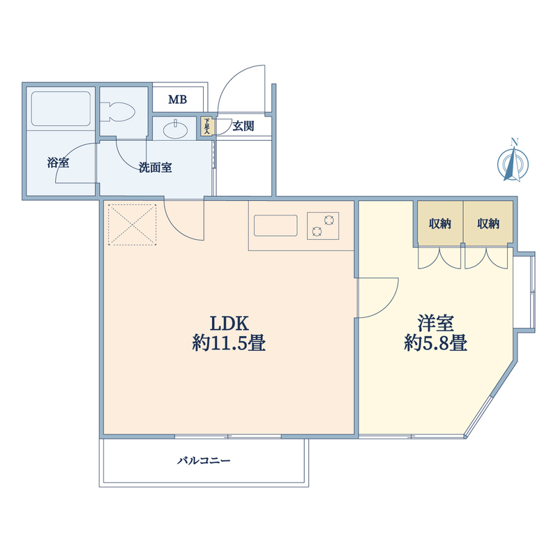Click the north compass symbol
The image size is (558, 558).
(513, 161)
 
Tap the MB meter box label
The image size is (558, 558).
(177, 100)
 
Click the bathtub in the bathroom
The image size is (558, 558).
(61, 109)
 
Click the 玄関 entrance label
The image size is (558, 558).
(243, 126)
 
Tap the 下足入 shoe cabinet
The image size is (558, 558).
(206, 126)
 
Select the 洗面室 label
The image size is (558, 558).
(155, 167)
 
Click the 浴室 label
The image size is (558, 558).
(58, 163)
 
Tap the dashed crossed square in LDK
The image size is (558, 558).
(133, 224)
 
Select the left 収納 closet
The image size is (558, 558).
(439, 224)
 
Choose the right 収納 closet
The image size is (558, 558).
(488, 224)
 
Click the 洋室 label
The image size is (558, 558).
(436, 324)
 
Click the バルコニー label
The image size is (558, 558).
(204, 461)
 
